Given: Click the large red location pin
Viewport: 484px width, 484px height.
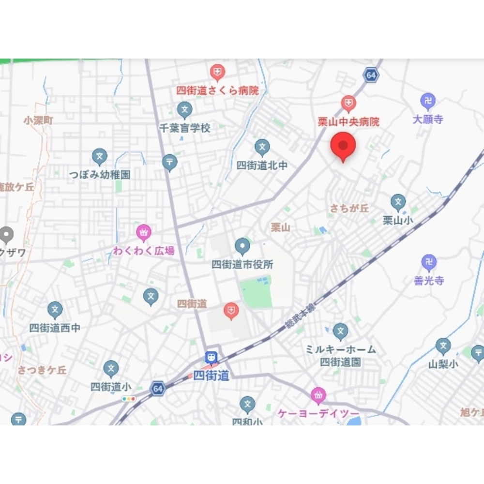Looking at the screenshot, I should point(343,146).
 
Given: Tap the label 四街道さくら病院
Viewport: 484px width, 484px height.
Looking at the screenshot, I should point(217,91).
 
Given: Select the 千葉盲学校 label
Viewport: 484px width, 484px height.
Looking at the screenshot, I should point(185,128).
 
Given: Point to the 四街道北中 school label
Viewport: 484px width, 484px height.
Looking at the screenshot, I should point(262,165).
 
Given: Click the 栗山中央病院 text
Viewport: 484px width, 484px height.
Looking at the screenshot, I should point(348,121).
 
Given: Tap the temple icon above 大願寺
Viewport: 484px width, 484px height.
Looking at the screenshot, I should point(428,102).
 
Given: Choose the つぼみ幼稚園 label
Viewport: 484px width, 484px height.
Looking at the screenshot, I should point(99,174).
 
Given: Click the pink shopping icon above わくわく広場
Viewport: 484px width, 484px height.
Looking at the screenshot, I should point(143,234).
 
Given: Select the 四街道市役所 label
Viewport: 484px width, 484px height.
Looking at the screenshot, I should point(242,264).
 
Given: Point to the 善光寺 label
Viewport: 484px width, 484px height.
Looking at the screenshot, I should point(428,280).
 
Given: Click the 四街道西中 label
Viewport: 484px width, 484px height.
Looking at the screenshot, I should point(55,328).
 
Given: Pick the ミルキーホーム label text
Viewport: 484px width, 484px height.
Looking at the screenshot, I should point(340,349).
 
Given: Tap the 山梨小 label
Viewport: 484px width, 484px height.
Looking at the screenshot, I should point(443,364).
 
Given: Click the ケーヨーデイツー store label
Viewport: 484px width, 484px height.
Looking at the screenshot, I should point(318,414).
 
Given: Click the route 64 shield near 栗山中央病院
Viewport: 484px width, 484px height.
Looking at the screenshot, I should point(371,75).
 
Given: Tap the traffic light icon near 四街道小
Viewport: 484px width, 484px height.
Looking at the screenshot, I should point(129,399).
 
